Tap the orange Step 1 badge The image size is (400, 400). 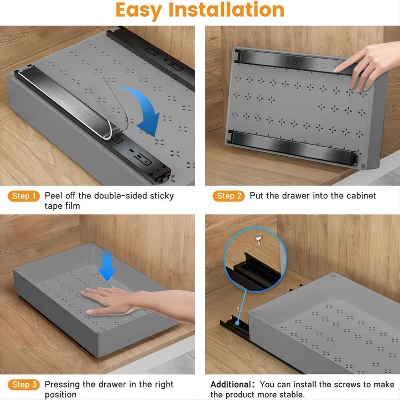[x=23, y=196]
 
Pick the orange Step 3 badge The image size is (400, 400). [x=23, y=384]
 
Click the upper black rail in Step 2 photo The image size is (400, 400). [x=290, y=59]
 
